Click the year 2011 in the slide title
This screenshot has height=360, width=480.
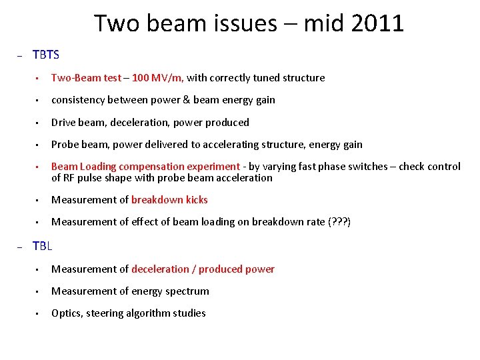tap(376, 23)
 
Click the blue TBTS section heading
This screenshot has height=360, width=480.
tap(46, 55)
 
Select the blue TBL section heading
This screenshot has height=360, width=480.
tap(42, 246)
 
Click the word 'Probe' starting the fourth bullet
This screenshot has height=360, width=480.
tap(65, 145)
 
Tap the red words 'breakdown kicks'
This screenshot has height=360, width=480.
tap(169, 200)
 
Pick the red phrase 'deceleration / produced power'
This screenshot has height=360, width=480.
tap(203, 269)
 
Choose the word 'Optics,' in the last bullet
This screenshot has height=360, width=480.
tap(67, 313)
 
